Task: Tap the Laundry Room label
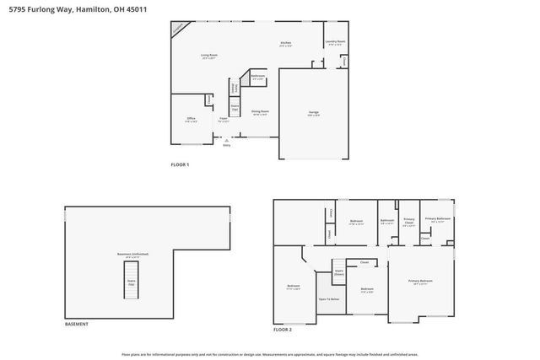(x=336, y=42)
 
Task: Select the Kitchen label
(x=286, y=44)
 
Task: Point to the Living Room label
(x=209, y=56)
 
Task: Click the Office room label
(x=192, y=121)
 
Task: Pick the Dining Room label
(x=259, y=113)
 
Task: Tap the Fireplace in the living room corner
(x=178, y=28)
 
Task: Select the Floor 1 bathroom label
(x=257, y=78)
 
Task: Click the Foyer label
(x=224, y=120)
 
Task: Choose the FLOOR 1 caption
(x=180, y=164)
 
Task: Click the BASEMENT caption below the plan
(x=77, y=325)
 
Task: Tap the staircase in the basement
(x=132, y=282)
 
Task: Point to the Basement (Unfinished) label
(x=132, y=255)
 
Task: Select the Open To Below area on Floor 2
(x=328, y=299)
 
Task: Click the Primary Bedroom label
(x=420, y=282)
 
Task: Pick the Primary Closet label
(x=408, y=223)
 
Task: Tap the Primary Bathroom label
(x=437, y=219)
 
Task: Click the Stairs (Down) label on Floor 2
(x=338, y=273)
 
